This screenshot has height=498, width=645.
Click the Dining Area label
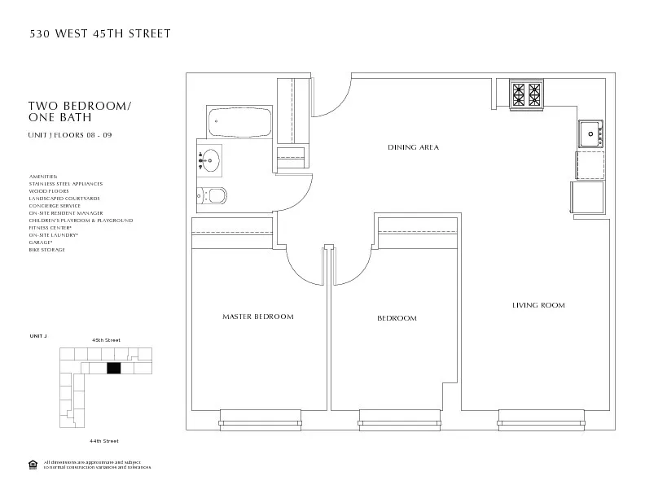(x=413, y=147)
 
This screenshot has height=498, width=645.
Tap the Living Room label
(x=538, y=305)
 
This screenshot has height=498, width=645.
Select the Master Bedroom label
(x=257, y=316)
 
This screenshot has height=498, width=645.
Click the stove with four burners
(x=526, y=94)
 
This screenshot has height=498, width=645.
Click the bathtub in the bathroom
(x=239, y=123)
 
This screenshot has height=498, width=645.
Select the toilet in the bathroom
(x=212, y=195)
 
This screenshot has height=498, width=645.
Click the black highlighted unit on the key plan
(x=113, y=369)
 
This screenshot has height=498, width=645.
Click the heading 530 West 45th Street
(x=100, y=33)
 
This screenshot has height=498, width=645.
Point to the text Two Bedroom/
(x=80, y=107)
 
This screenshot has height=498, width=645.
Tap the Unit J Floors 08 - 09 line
(x=70, y=134)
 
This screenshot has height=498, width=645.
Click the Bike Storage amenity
(x=46, y=250)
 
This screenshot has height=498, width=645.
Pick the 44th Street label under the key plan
(x=104, y=440)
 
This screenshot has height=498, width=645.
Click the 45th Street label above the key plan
(x=106, y=339)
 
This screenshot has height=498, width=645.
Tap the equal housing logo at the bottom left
(x=33, y=465)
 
